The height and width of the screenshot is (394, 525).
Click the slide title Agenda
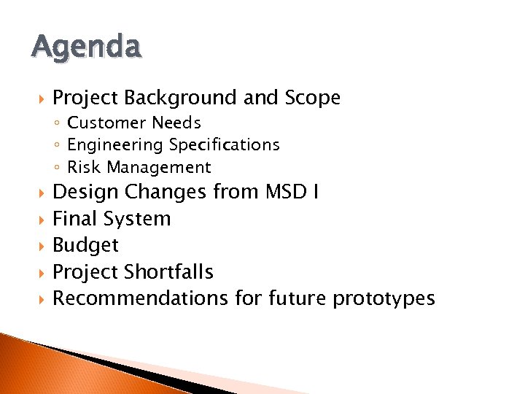86,47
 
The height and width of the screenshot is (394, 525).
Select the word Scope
313,98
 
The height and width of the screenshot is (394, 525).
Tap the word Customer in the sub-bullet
104,123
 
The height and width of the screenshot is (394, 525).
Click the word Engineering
115,144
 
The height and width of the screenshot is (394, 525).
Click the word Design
85,192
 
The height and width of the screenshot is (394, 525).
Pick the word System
136,219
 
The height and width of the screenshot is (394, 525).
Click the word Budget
85,245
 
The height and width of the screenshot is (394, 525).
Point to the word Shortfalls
168,272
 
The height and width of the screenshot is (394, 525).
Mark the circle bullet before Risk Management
59,168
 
